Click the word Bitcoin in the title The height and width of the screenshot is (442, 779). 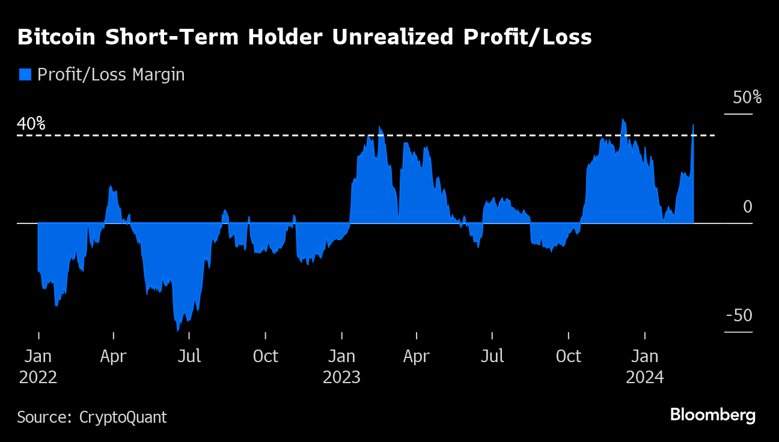pyautogui.click(x=57, y=37)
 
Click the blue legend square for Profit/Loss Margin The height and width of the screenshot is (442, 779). pyautogui.click(x=25, y=74)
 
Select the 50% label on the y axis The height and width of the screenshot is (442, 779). pyautogui.click(x=747, y=97)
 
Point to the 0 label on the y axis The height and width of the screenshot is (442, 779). pyautogui.click(x=747, y=207)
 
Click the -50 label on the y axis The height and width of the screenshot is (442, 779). pyautogui.click(x=739, y=316)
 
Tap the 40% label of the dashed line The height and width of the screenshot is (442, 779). pyautogui.click(x=31, y=124)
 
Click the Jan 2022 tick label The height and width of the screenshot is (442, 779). pyautogui.click(x=38, y=366)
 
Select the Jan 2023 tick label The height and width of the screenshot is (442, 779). pyautogui.click(x=341, y=366)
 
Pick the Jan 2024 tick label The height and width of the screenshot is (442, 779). pyautogui.click(x=644, y=366)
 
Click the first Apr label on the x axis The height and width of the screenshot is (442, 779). pyautogui.click(x=113, y=357)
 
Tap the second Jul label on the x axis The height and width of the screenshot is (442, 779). pyautogui.click(x=492, y=357)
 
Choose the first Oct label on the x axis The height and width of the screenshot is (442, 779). pyautogui.click(x=265, y=357)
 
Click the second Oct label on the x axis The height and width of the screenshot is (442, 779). pyautogui.click(x=569, y=357)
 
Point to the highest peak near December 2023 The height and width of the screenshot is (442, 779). pyautogui.click(x=623, y=120)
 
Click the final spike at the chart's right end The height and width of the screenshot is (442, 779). pyautogui.click(x=693, y=126)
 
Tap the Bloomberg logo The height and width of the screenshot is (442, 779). pyautogui.click(x=712, y=415)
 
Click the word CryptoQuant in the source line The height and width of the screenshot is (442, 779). pyautogui.click(x=123, y=417)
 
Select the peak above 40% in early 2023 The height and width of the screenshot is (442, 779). pyautogui.click(x=380, y=127)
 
